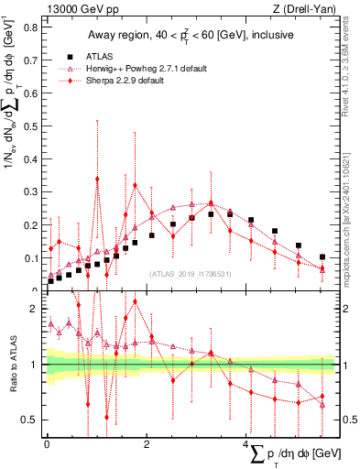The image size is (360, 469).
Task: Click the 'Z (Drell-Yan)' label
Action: coord(298,8)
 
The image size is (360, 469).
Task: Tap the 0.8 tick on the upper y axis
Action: coord(34,27)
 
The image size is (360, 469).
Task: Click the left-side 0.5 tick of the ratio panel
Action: coord(34,420)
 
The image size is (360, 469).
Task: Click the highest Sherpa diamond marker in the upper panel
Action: coord(97,179)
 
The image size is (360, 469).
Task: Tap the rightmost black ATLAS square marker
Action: coord(322,257)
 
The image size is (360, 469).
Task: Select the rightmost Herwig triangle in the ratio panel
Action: coord(322,404)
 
